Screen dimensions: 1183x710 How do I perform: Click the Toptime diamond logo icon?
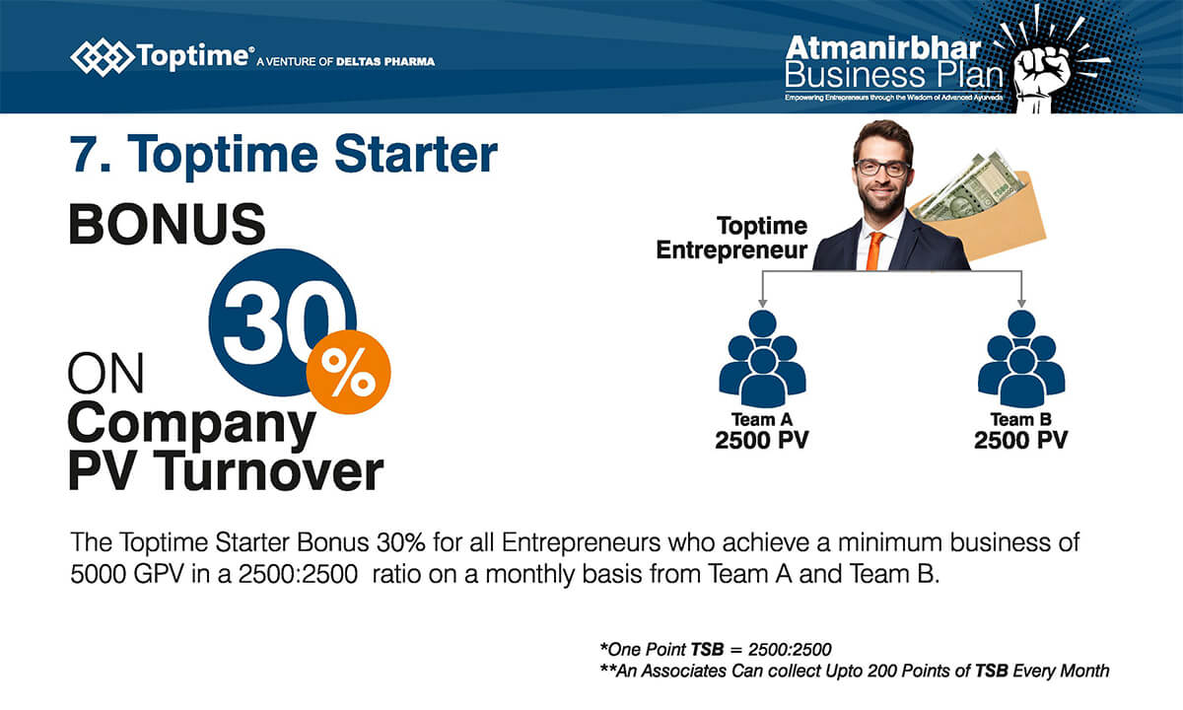tap(102, 57)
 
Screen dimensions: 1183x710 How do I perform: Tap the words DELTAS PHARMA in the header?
tap(385, 62)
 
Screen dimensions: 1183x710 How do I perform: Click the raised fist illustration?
tap(1044, 72)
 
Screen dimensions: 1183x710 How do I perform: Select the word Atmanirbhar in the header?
tap(883, 49)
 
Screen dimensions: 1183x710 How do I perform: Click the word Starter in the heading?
tap(416, 154)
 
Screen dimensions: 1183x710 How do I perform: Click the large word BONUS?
tap(167, 225)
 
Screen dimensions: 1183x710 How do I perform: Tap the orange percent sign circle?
tap(349, 373)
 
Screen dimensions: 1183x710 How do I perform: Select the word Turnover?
tap(269, 471)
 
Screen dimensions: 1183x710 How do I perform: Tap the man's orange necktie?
tap(874, 250)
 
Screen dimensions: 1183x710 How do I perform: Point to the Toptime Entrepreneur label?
tap(731, 239)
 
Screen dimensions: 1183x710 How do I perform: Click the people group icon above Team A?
tap(763, 359)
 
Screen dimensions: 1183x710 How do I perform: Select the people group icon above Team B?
tap(1021, 359)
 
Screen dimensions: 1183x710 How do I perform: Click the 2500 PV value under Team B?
tap(1021, 441)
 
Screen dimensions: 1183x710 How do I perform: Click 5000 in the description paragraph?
tap(98, 574)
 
